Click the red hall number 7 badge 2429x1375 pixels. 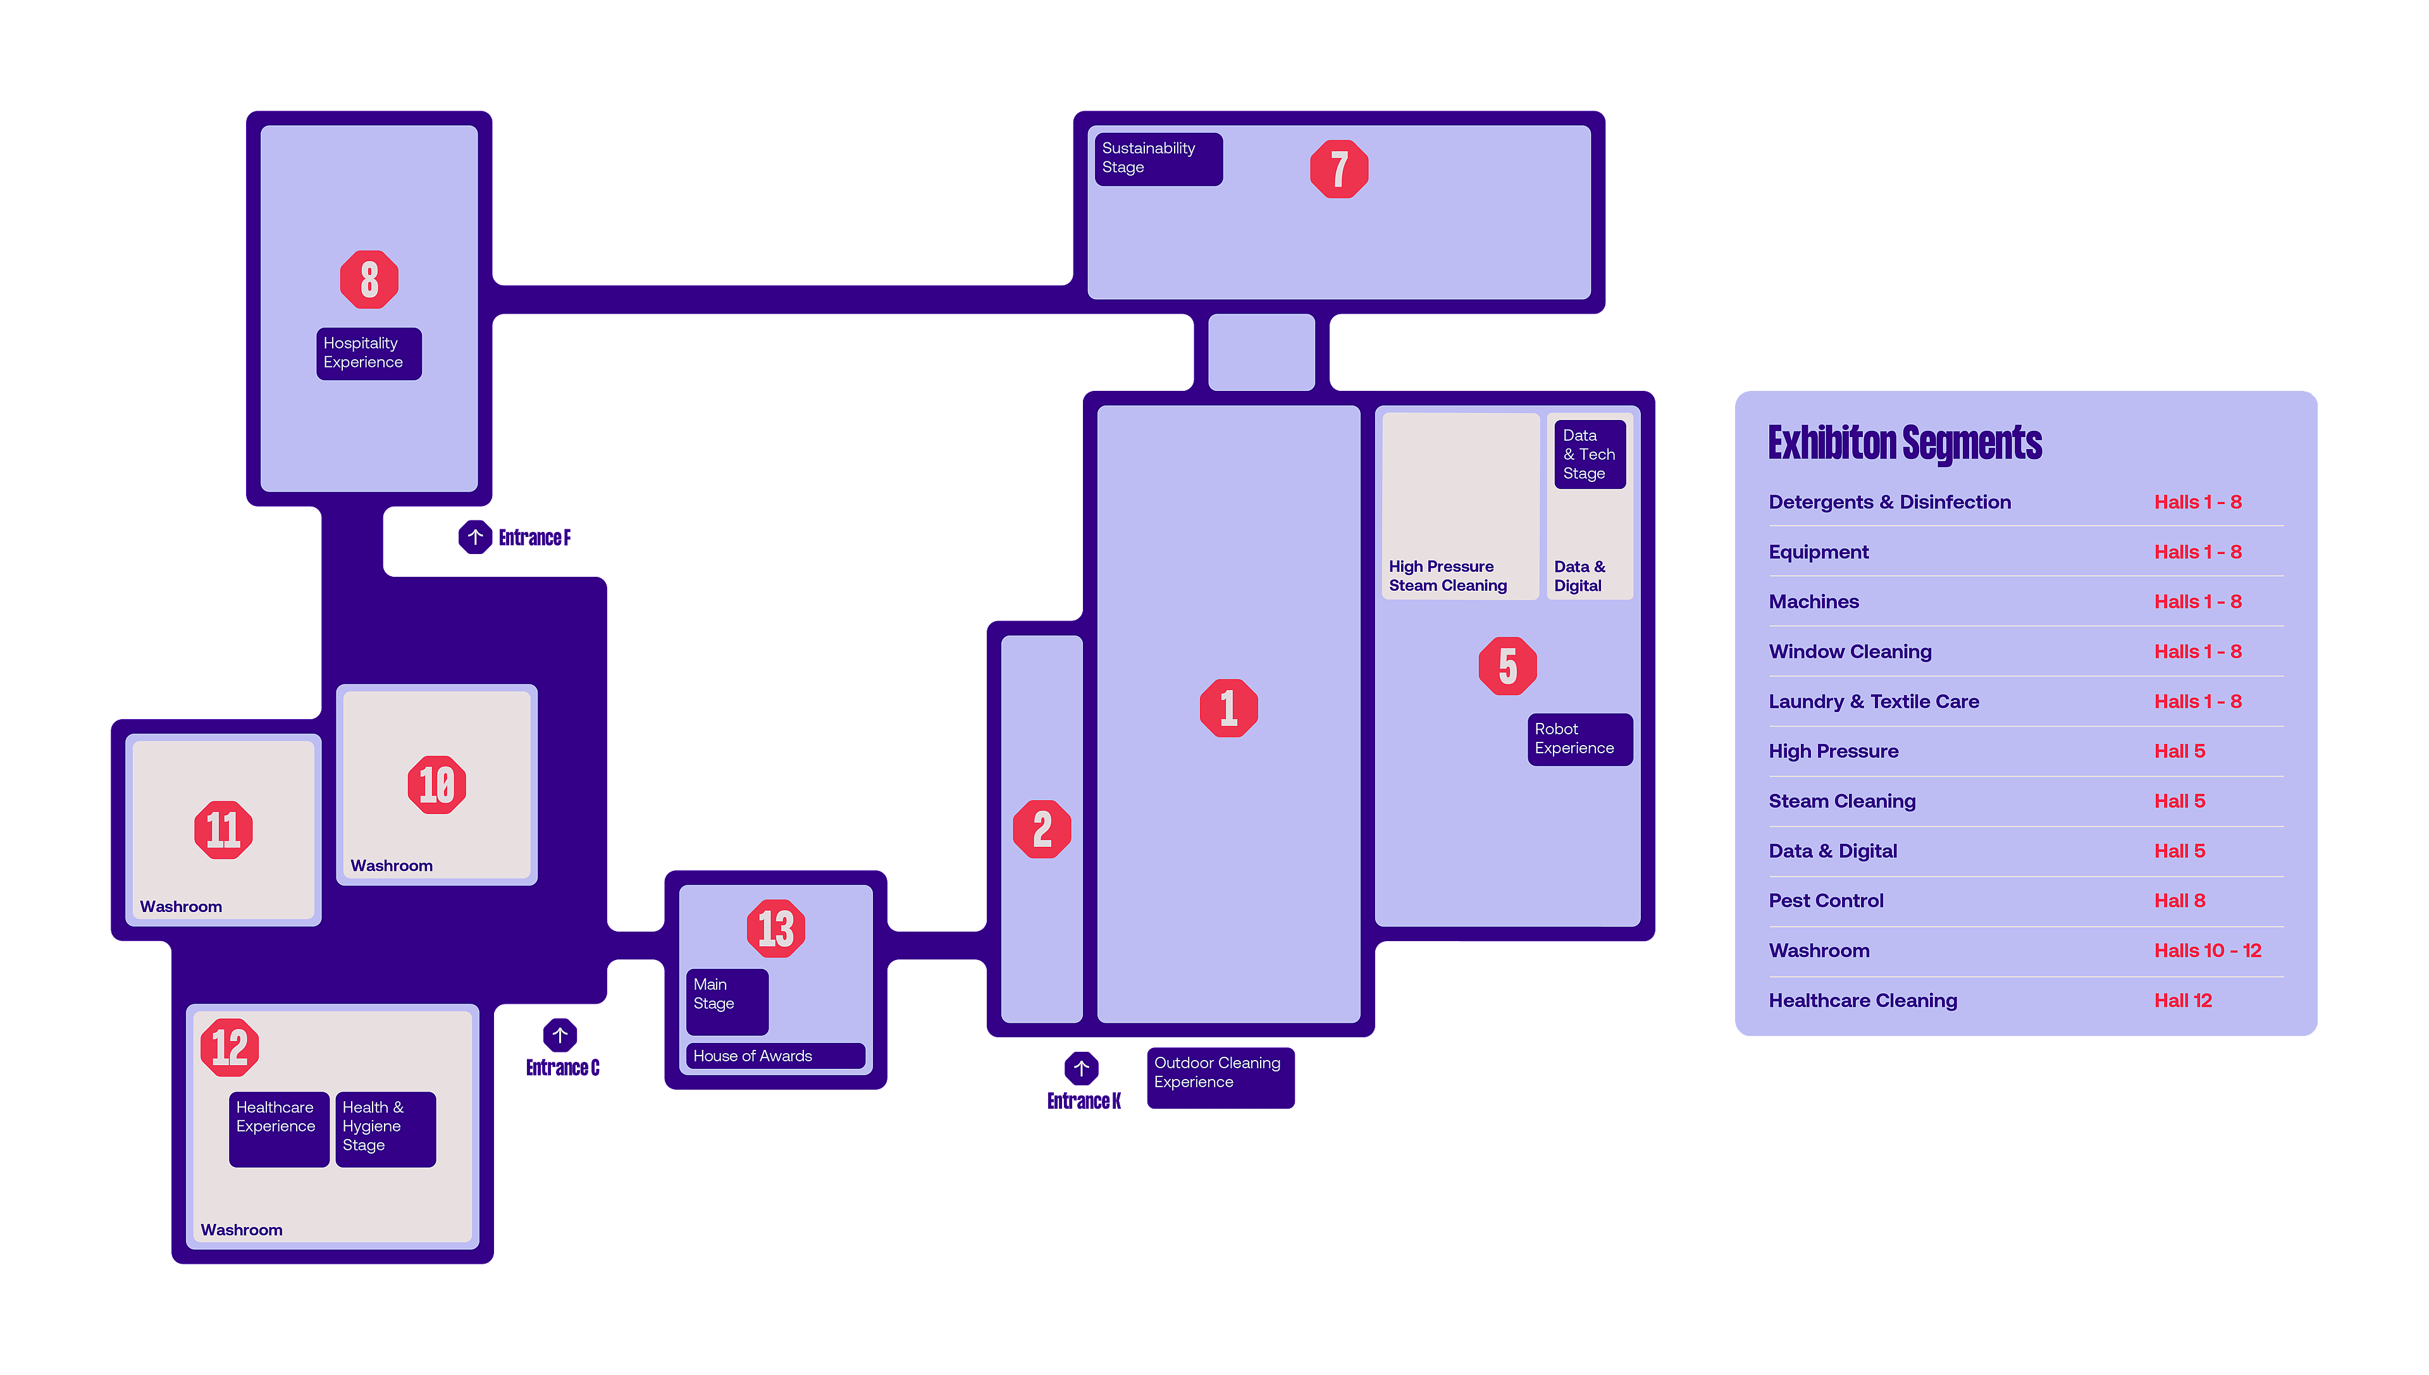click(1338, 169)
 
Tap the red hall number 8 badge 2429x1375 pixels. click(369, 280)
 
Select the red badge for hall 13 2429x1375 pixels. click(776, 928)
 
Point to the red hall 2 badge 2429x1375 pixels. click(1042, 829)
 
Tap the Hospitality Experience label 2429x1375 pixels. click(368, 353)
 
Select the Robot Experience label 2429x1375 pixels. click(1579, 739)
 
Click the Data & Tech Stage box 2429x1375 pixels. click(1590, 454)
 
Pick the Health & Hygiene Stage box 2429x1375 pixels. click(385, 1128)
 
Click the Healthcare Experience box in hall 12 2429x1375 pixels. click(278, 1128)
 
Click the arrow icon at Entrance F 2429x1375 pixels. click(475, 538)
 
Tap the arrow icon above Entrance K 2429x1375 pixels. click(1081, 1068)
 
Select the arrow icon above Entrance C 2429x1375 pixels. click(560, 1035)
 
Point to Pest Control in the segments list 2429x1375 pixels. click(1826, 901)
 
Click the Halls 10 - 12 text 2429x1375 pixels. click(2207, 951)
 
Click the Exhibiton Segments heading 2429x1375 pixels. click(1905, 443)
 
